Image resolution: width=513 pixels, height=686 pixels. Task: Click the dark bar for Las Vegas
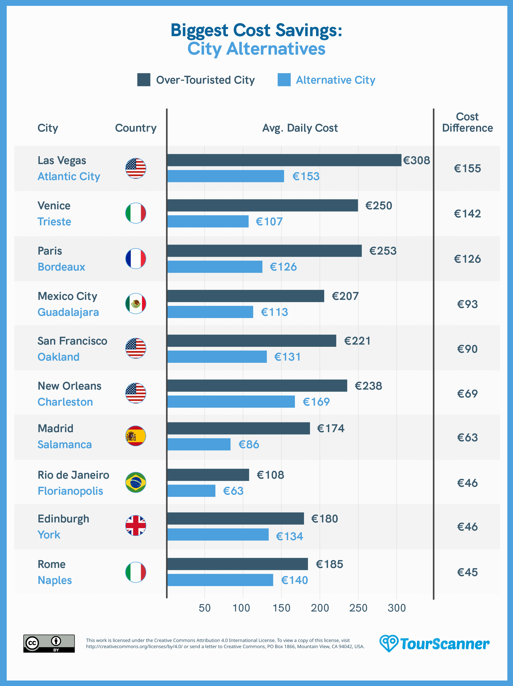tap(284, 160)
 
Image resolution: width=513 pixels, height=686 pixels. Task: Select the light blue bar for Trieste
tap(208, 221)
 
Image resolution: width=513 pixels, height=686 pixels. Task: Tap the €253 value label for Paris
tap(383, 251)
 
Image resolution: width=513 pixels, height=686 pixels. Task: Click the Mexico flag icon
tap(136, 304)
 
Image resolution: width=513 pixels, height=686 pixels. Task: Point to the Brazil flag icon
tap(136, 482)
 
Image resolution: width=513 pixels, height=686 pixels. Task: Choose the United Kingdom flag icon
tap(136, 526)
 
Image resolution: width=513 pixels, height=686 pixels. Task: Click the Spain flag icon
tap(136, 436)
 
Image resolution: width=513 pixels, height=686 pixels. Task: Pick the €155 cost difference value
tap(467, 168)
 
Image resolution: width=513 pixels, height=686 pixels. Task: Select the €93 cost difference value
tap(467, 304)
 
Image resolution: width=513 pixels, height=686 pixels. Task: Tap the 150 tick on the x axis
tap(281, 608)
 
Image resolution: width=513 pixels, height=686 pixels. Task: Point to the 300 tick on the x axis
tap(397, 608)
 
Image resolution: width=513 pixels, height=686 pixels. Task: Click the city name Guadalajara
tap(68, 312)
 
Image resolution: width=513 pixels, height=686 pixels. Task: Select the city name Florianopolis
tap(70, 491)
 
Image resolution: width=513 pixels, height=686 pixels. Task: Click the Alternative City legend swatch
tap(284, 80)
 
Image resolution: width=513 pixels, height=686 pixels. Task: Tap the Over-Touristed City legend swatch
tap(144, 80)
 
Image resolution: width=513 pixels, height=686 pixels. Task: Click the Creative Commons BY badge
tap(49, 643)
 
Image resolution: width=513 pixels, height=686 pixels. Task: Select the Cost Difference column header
tap(467, 122)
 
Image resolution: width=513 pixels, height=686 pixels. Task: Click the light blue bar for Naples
tap(220, 580)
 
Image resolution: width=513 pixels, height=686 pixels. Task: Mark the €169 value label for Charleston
tap(316, 402)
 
